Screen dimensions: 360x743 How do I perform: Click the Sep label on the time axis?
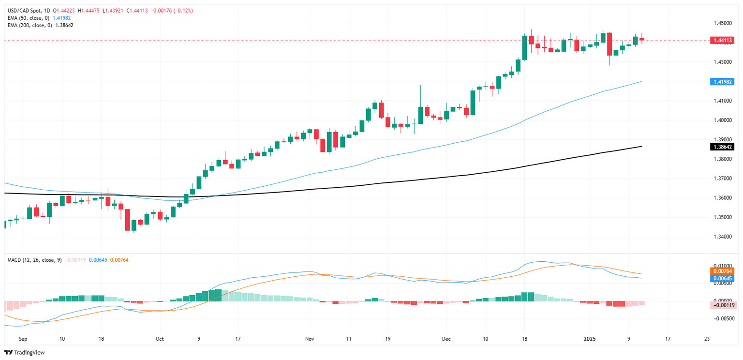22,339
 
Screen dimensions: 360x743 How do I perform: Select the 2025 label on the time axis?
590,339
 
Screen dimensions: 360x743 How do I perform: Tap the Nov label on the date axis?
310,339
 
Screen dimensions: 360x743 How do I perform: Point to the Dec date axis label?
446,339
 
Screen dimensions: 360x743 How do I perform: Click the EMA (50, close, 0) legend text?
29,17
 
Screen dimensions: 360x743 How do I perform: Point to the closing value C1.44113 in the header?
137,10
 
